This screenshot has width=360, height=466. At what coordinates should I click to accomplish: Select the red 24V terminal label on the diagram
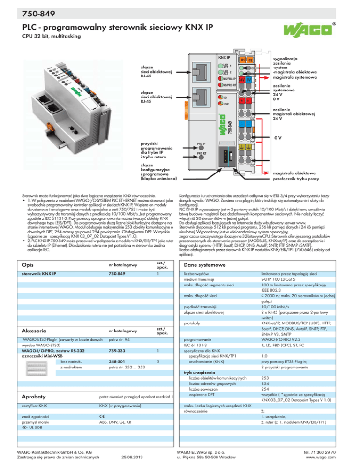[x=242, y=80]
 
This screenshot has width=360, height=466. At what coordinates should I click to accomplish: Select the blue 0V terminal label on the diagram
[x=250, y=80]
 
